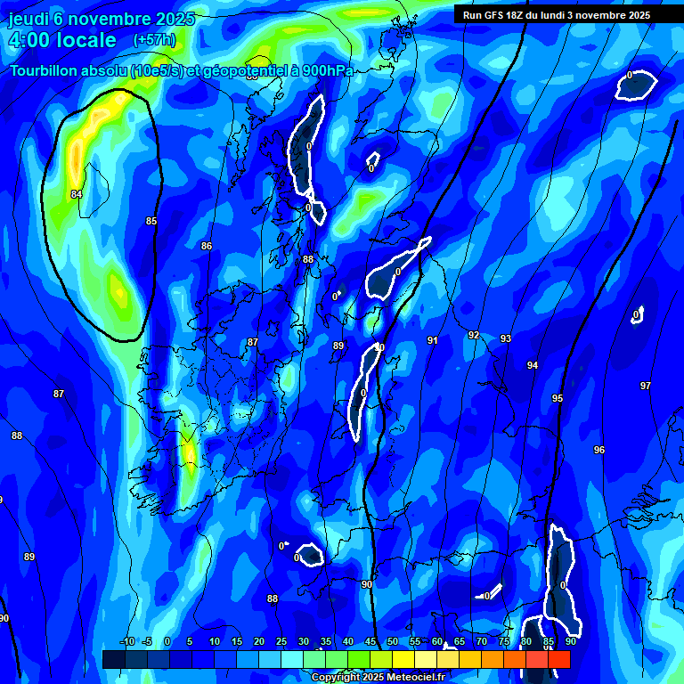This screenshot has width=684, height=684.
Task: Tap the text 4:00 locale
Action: pos(61,40)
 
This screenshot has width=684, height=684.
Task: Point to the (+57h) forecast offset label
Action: pos(154,40)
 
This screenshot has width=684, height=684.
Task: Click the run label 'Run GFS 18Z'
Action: pos(494,15)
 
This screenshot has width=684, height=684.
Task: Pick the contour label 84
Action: pos(77,194)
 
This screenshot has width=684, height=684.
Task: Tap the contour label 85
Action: pos(151,221)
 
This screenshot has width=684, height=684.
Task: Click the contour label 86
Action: pos(207,246)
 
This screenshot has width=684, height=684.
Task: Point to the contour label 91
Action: pos(433,340)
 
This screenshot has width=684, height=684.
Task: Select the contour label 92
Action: pos(474,336)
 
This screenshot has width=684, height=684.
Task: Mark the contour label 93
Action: pos(506,338)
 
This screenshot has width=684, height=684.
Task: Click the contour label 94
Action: pos(533,365)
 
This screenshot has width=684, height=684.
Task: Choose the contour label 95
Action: pos(558,398)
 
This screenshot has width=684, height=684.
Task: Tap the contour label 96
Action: pos(599,450)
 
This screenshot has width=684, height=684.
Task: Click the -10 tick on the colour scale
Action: pos(126,641)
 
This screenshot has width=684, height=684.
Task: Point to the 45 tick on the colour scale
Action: pos(370,641)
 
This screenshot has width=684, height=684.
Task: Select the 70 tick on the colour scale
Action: pos(482,641)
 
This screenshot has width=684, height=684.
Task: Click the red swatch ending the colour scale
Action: pos(559,659)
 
